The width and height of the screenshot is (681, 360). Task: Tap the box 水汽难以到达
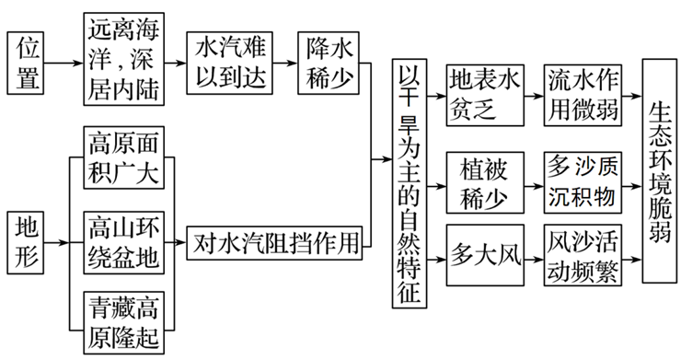[231, 63]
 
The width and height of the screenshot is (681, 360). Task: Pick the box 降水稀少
[327, 63]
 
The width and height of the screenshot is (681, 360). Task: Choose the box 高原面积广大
[123, 157]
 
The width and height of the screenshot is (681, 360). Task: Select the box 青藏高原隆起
[123, 318]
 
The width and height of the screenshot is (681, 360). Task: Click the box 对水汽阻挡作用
[274, 245]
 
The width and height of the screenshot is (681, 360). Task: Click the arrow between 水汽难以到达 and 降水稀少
[286, 64]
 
